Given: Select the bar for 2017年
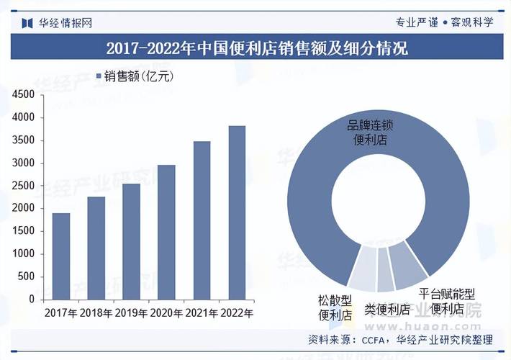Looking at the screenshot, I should pos(61,256).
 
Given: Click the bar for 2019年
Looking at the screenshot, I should pos(131,241).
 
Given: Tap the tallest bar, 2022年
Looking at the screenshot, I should pos(237,212).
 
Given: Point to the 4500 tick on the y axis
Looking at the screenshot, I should pos(23,94).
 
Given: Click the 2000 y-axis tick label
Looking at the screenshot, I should pos(23,208).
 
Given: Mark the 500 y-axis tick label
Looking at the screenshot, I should pos(27,276).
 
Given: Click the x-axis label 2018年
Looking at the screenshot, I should pos(96,313).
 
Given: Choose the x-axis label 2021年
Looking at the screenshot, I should pos(202,313).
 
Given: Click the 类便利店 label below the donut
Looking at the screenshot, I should pos(386,310).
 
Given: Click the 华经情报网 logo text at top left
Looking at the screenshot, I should pos(65,22).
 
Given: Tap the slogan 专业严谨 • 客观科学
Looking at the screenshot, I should pos(444,22).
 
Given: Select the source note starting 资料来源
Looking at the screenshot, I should pos(400,340).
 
